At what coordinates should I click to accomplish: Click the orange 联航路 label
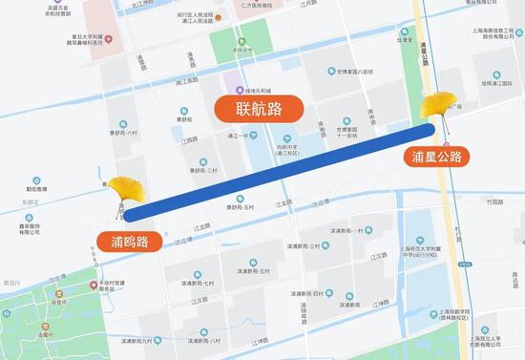(258, 108)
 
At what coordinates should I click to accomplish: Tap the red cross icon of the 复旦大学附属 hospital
(107, 39)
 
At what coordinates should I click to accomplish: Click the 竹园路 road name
(493, 203)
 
